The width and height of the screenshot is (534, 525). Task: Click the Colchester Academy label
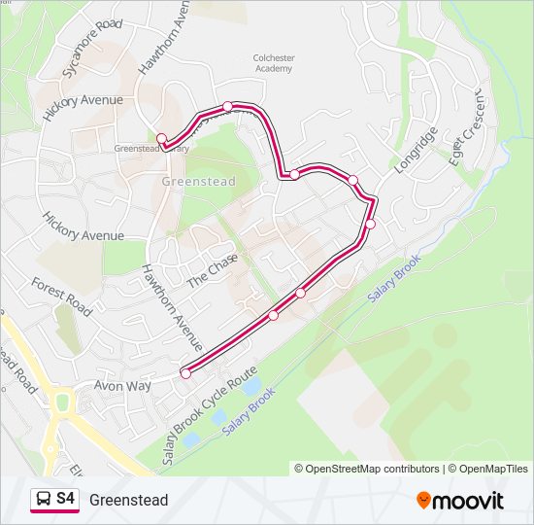pyautogui.click(x=273, y=63)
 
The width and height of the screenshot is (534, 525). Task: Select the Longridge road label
pyautogui.click(x=417, y=149)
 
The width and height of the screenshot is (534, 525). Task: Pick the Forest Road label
pyautogui.click(x=61, y=296)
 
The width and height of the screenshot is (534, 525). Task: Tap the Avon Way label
pyautogui.click(x=122, y=385)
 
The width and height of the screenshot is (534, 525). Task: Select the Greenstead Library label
pyautogui.click(x=150, y=149)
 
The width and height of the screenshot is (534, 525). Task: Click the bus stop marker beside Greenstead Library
pyautogui.click(x=162, y=138)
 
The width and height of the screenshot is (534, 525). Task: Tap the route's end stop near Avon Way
pyautogui.click(x=185, y=372)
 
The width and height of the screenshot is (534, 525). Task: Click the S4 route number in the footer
pyautogui.click(x=65, y=499)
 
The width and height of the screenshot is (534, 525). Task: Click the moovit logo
pyautogui.click(x=460, y=501)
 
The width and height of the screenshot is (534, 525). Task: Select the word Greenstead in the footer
pyautogui.click(x=128, y=501)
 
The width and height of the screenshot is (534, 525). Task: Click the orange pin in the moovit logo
pyautogui.click(x=424, y=501)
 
